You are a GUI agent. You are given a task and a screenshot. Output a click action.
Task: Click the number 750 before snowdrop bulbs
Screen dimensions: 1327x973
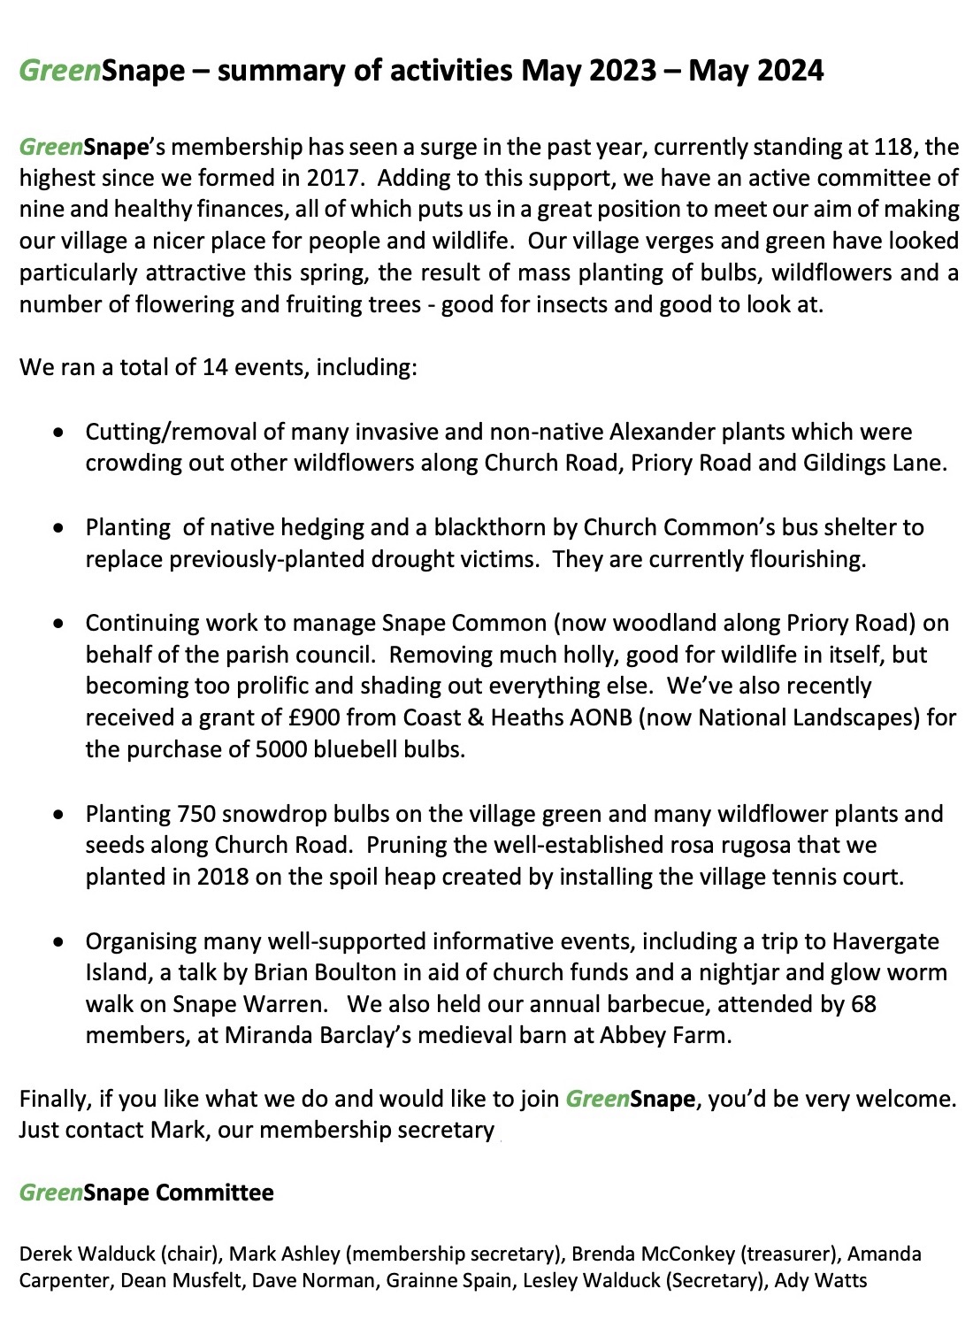[x=196, y=814]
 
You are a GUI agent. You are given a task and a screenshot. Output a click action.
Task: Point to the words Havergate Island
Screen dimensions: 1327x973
[x=885, y=941]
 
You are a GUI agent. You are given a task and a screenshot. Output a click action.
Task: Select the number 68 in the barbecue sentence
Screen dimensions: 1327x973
[x=863, y=1005]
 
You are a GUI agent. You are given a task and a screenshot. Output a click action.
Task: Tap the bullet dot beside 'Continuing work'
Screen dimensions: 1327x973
[x=58, y=624]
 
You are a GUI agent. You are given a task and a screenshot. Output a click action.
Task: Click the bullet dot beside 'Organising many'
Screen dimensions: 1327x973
[x=58, y=942]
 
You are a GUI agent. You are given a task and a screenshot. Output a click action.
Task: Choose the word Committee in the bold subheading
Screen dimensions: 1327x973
[x=215, y=1193]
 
